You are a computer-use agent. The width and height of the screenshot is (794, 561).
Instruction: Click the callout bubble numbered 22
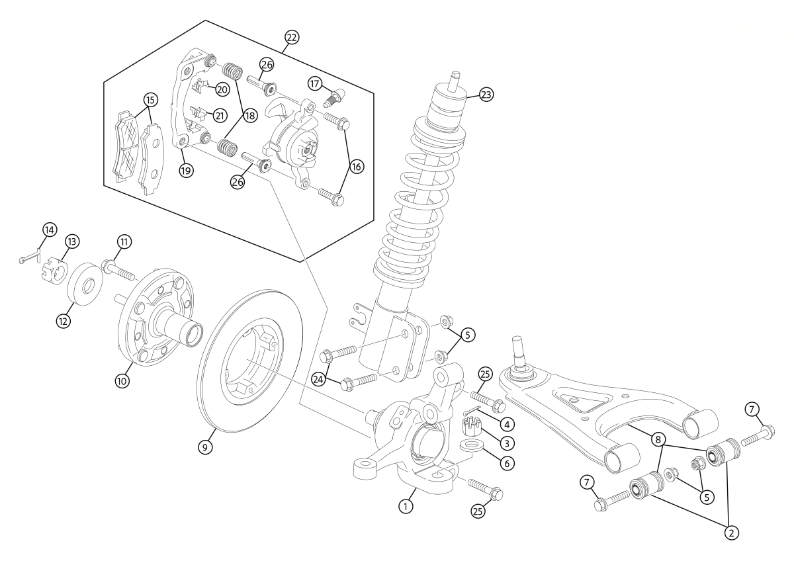[x=291, y=37]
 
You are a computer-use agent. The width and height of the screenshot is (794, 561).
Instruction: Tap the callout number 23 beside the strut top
[x=486, y=95]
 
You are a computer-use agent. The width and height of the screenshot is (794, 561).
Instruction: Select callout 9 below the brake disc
[x=207, y=447]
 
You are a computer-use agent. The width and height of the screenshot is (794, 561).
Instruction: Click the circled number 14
[x=49, y=230]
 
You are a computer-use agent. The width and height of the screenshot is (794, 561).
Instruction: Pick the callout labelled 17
[x=315, y=83]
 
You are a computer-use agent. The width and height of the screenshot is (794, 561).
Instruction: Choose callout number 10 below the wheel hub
[x=122, y=381]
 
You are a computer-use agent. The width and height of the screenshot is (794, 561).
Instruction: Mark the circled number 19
[x=185, y=169]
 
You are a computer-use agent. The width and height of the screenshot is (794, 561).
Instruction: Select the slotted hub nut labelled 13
[x=54, y=271]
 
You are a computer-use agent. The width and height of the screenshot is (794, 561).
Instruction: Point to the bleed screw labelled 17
[x=334, y=97]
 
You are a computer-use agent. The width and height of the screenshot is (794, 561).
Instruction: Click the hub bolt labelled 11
[x=118, y=270]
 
